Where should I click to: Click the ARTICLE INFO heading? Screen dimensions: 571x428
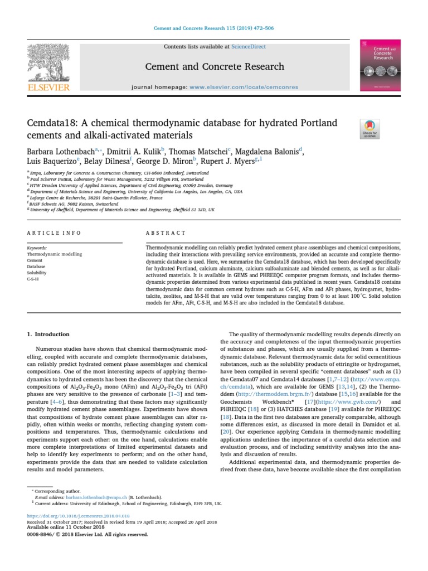coord(53,233)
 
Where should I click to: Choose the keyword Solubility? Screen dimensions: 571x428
coord(36,273)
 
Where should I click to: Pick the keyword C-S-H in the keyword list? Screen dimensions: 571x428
coord(33,279)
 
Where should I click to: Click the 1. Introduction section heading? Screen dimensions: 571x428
coord(48,334)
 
